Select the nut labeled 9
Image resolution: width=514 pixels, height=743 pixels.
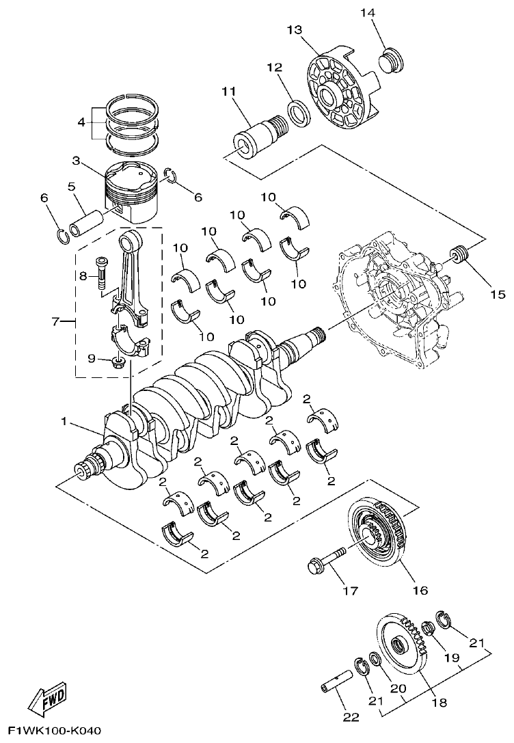pyautogui.click(x=118, y=360)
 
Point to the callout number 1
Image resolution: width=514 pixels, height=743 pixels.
pyautogui.click(x=64, y=422)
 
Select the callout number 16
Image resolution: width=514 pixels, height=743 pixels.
pyautogui.click(x=419, y=590)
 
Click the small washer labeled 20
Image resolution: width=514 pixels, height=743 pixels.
pyautogui.click(x=375, y=660)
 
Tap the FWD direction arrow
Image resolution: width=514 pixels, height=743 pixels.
pyautogui.click(x=47, y=697)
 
